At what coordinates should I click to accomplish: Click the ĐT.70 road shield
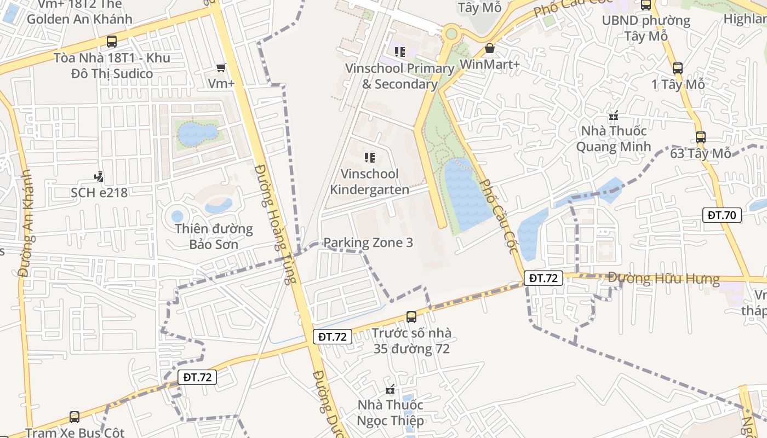pyautogui.click(x=722, y=215)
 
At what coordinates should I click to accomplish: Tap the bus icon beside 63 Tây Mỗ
pyautogui.click(x=700, y=137)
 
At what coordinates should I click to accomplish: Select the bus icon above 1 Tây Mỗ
pyautogui.click(x=678, y=68)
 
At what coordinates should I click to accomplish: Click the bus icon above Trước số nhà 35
pyautogui.click(x=411, y=316)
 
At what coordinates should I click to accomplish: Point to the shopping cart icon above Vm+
pyautogui.click(x=221, y=67)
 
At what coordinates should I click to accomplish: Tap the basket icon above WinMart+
pyautogui.click(x=490, y=49)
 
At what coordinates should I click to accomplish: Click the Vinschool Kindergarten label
pyautogui.click(x=369, y=182)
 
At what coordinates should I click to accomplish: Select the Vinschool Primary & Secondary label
pyautogui.click(x=399, y=76)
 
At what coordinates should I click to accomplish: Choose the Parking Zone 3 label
pyautogui.click(x=368, y=243)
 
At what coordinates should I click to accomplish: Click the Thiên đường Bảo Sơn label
pyautogui.click(x=214, y=236)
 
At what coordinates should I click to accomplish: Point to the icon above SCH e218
pyautogui.click(x=99, y=176)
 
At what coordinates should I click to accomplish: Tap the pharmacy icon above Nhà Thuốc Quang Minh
pyautogui.click(x=614, y=116)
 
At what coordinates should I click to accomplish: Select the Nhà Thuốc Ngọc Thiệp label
pyautogui.click(x=390, y=413)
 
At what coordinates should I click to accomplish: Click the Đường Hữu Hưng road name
pyautogui.click(x=663, y=278)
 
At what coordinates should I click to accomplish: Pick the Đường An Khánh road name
pyautogui.click(x=26, y=230)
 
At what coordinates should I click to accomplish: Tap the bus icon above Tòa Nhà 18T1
pyautogui.click(x=112, y=41)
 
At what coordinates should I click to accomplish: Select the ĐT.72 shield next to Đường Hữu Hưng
pyautogui.click(x=543, y=278)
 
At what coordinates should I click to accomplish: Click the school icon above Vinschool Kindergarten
pyautogui.click(x=370, y=158)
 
